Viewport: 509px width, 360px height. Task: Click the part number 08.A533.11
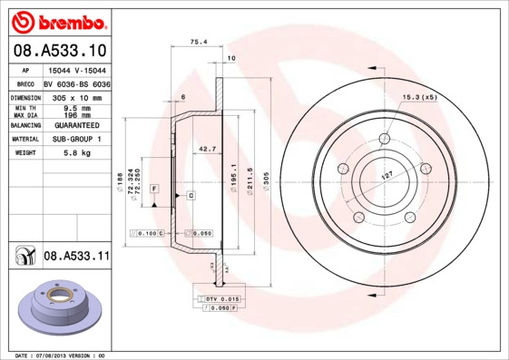pyautogui.click(x=76, y=258)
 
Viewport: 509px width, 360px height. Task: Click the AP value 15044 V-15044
pyautogui.click(x=77, y=70)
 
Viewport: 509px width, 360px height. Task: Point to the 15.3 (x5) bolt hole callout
pyautogui.click(x=419, y=96)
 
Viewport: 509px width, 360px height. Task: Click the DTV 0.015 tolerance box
pyautogui.click(x=220, y=298)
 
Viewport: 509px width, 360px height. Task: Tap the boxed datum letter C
pyautogui.click(x=191, y=196)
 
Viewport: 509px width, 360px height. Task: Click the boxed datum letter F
pyautogui.click(x=154, y=187)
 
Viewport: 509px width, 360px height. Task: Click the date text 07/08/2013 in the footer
pyautogui.click(x=57, y=355)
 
